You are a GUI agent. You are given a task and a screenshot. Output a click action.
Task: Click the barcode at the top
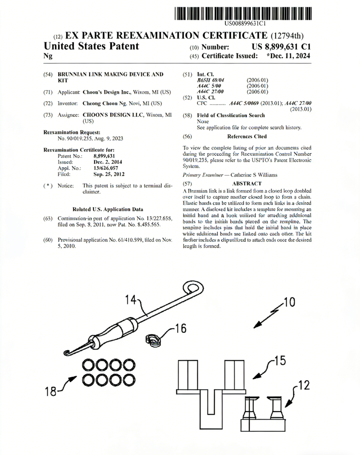point(243,13)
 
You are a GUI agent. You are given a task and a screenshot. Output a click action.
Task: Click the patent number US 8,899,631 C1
point(281,47)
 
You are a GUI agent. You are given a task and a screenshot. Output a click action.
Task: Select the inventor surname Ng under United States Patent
point(48,56)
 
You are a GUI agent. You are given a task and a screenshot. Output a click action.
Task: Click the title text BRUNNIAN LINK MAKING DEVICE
point(110,74)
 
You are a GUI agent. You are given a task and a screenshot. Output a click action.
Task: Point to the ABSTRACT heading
point(247,184)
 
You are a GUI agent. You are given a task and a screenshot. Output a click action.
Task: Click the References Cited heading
point(247,136)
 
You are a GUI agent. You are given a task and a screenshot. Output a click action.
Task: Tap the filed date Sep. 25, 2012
point(109,174)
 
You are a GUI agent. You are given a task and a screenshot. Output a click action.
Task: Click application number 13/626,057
point(106,168)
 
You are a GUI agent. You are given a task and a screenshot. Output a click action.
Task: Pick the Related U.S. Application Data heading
point(108,210)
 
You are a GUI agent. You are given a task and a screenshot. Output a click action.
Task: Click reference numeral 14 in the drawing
point(131,300)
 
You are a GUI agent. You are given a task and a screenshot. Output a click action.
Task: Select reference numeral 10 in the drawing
point(289,302)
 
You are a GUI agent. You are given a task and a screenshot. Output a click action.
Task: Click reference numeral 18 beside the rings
point(51,391)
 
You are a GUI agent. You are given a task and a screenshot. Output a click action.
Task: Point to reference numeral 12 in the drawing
point(303,385)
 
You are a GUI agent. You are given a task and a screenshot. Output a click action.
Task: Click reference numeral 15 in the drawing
point(280,360)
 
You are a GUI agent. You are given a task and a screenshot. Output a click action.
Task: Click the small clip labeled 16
point(154,340)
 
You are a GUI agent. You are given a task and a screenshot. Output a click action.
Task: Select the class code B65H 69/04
point(211,80)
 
